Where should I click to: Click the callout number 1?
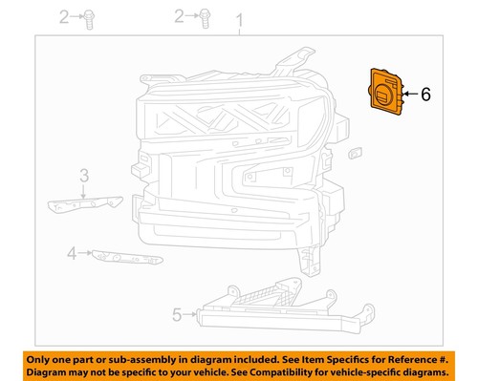240,20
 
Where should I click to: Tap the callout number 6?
425,95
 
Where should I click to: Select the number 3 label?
84,175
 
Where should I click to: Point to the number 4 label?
72,253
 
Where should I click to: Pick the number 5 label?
176,312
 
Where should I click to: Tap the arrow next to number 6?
408,95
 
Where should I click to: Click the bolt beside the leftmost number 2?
91,16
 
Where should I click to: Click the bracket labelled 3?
83,201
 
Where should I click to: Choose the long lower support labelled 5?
277,307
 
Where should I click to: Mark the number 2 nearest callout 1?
180,16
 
